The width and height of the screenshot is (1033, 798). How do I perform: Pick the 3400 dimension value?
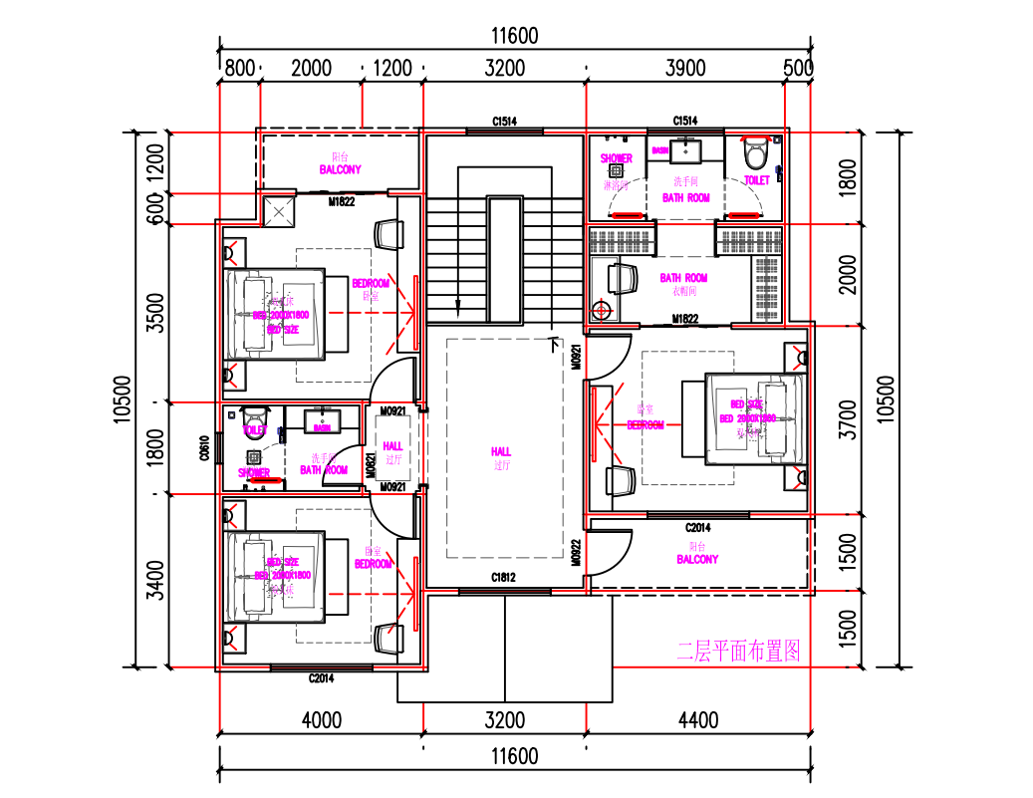(154, 581)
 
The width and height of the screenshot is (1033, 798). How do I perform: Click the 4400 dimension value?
(697, 719)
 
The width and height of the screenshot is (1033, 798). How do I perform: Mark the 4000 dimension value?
(321, 719)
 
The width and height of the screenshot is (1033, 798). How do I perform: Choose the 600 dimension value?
(154, 209)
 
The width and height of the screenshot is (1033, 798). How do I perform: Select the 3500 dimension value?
(154, 313)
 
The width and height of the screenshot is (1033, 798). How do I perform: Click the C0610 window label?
(204, 449)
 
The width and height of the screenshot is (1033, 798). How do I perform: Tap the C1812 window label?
(504, 578)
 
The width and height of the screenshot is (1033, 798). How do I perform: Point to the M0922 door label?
(576, 553)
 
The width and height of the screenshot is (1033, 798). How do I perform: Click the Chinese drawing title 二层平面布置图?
(738, 652)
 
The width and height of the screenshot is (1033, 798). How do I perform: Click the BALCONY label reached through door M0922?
(697, 560)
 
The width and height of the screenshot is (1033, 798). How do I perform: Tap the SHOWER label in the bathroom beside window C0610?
(254, 472)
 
